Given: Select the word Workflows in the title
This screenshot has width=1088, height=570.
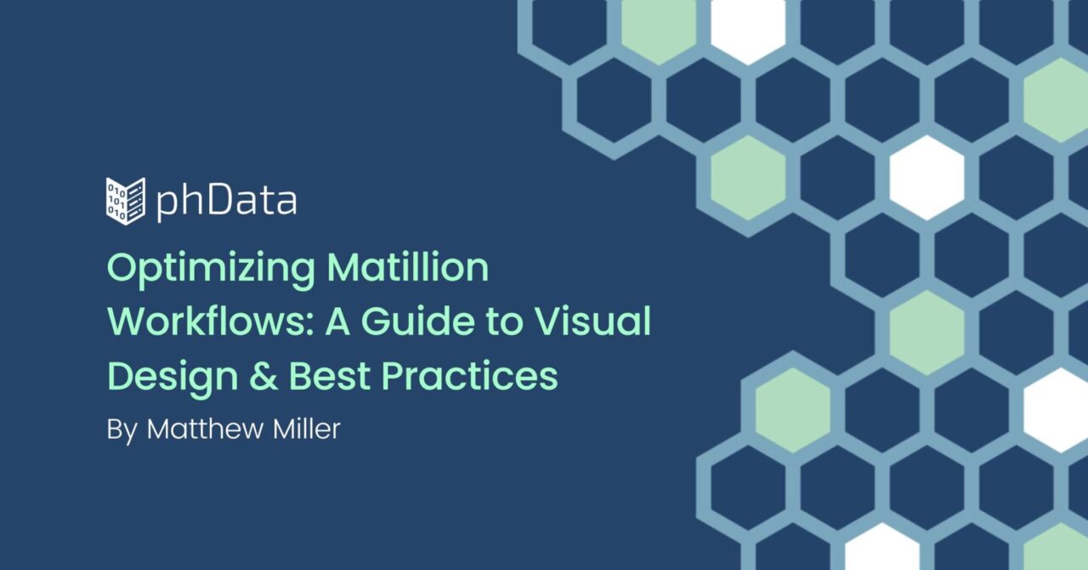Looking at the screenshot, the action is point(206,321).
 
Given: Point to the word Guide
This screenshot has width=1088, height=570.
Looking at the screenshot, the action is point(417,321).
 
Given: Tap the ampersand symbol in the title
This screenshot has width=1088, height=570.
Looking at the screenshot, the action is point(263,376).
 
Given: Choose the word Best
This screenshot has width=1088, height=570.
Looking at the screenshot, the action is point(330,376).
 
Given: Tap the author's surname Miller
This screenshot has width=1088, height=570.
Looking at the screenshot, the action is point(307,429).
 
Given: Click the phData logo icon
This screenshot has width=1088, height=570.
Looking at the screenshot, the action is point(126,201).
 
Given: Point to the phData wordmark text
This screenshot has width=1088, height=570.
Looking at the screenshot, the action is point(226,202).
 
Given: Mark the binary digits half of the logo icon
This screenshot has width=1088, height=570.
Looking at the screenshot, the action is point(116,200).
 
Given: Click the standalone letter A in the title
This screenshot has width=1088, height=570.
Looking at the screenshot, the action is point(337,321).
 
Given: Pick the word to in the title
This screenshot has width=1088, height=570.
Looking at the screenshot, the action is point(504,322).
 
